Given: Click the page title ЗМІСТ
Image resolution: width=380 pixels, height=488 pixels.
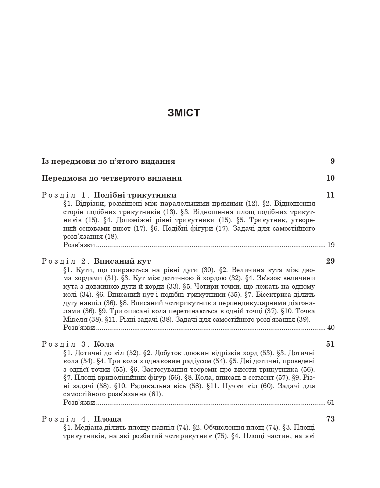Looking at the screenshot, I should (x=184, y=113).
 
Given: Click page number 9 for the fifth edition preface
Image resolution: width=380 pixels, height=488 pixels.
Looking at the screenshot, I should (x=332, y=161).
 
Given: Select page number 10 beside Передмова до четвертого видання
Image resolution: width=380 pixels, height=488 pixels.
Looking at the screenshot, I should (x=330, y=178).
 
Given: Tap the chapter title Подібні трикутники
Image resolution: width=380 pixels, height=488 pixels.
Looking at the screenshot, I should (x=135, y=195).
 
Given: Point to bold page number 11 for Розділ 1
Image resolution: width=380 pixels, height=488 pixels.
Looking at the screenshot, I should (x=330, y=195).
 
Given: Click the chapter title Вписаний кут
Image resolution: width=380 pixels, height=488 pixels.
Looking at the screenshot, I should (x=122, y=261).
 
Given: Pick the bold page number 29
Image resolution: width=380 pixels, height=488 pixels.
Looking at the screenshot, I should (x=330, y=261).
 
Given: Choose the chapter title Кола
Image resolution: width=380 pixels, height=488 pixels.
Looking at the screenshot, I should (x=104, y=344).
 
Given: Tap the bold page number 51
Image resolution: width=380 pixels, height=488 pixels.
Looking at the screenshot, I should (x=330, y=344).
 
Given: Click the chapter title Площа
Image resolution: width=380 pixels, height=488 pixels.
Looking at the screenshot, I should (x=108, y=419).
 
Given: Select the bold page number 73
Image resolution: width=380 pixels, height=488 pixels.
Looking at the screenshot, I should (x=330, y=419).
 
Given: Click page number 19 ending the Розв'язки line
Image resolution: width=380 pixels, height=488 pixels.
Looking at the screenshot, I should (x=331, y=245).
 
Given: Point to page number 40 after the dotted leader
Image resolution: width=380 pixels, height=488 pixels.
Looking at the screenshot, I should (x=331, y=328).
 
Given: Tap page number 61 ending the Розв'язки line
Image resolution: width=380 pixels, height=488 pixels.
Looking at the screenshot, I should (x=331, y=402).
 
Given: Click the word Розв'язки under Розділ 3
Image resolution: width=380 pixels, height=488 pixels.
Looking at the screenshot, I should (x=79, y=402).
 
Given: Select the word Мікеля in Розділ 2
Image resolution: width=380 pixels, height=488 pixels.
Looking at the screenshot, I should (x=75, y=319).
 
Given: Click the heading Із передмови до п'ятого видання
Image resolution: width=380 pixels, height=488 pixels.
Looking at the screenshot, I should (x=108, y=161).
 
